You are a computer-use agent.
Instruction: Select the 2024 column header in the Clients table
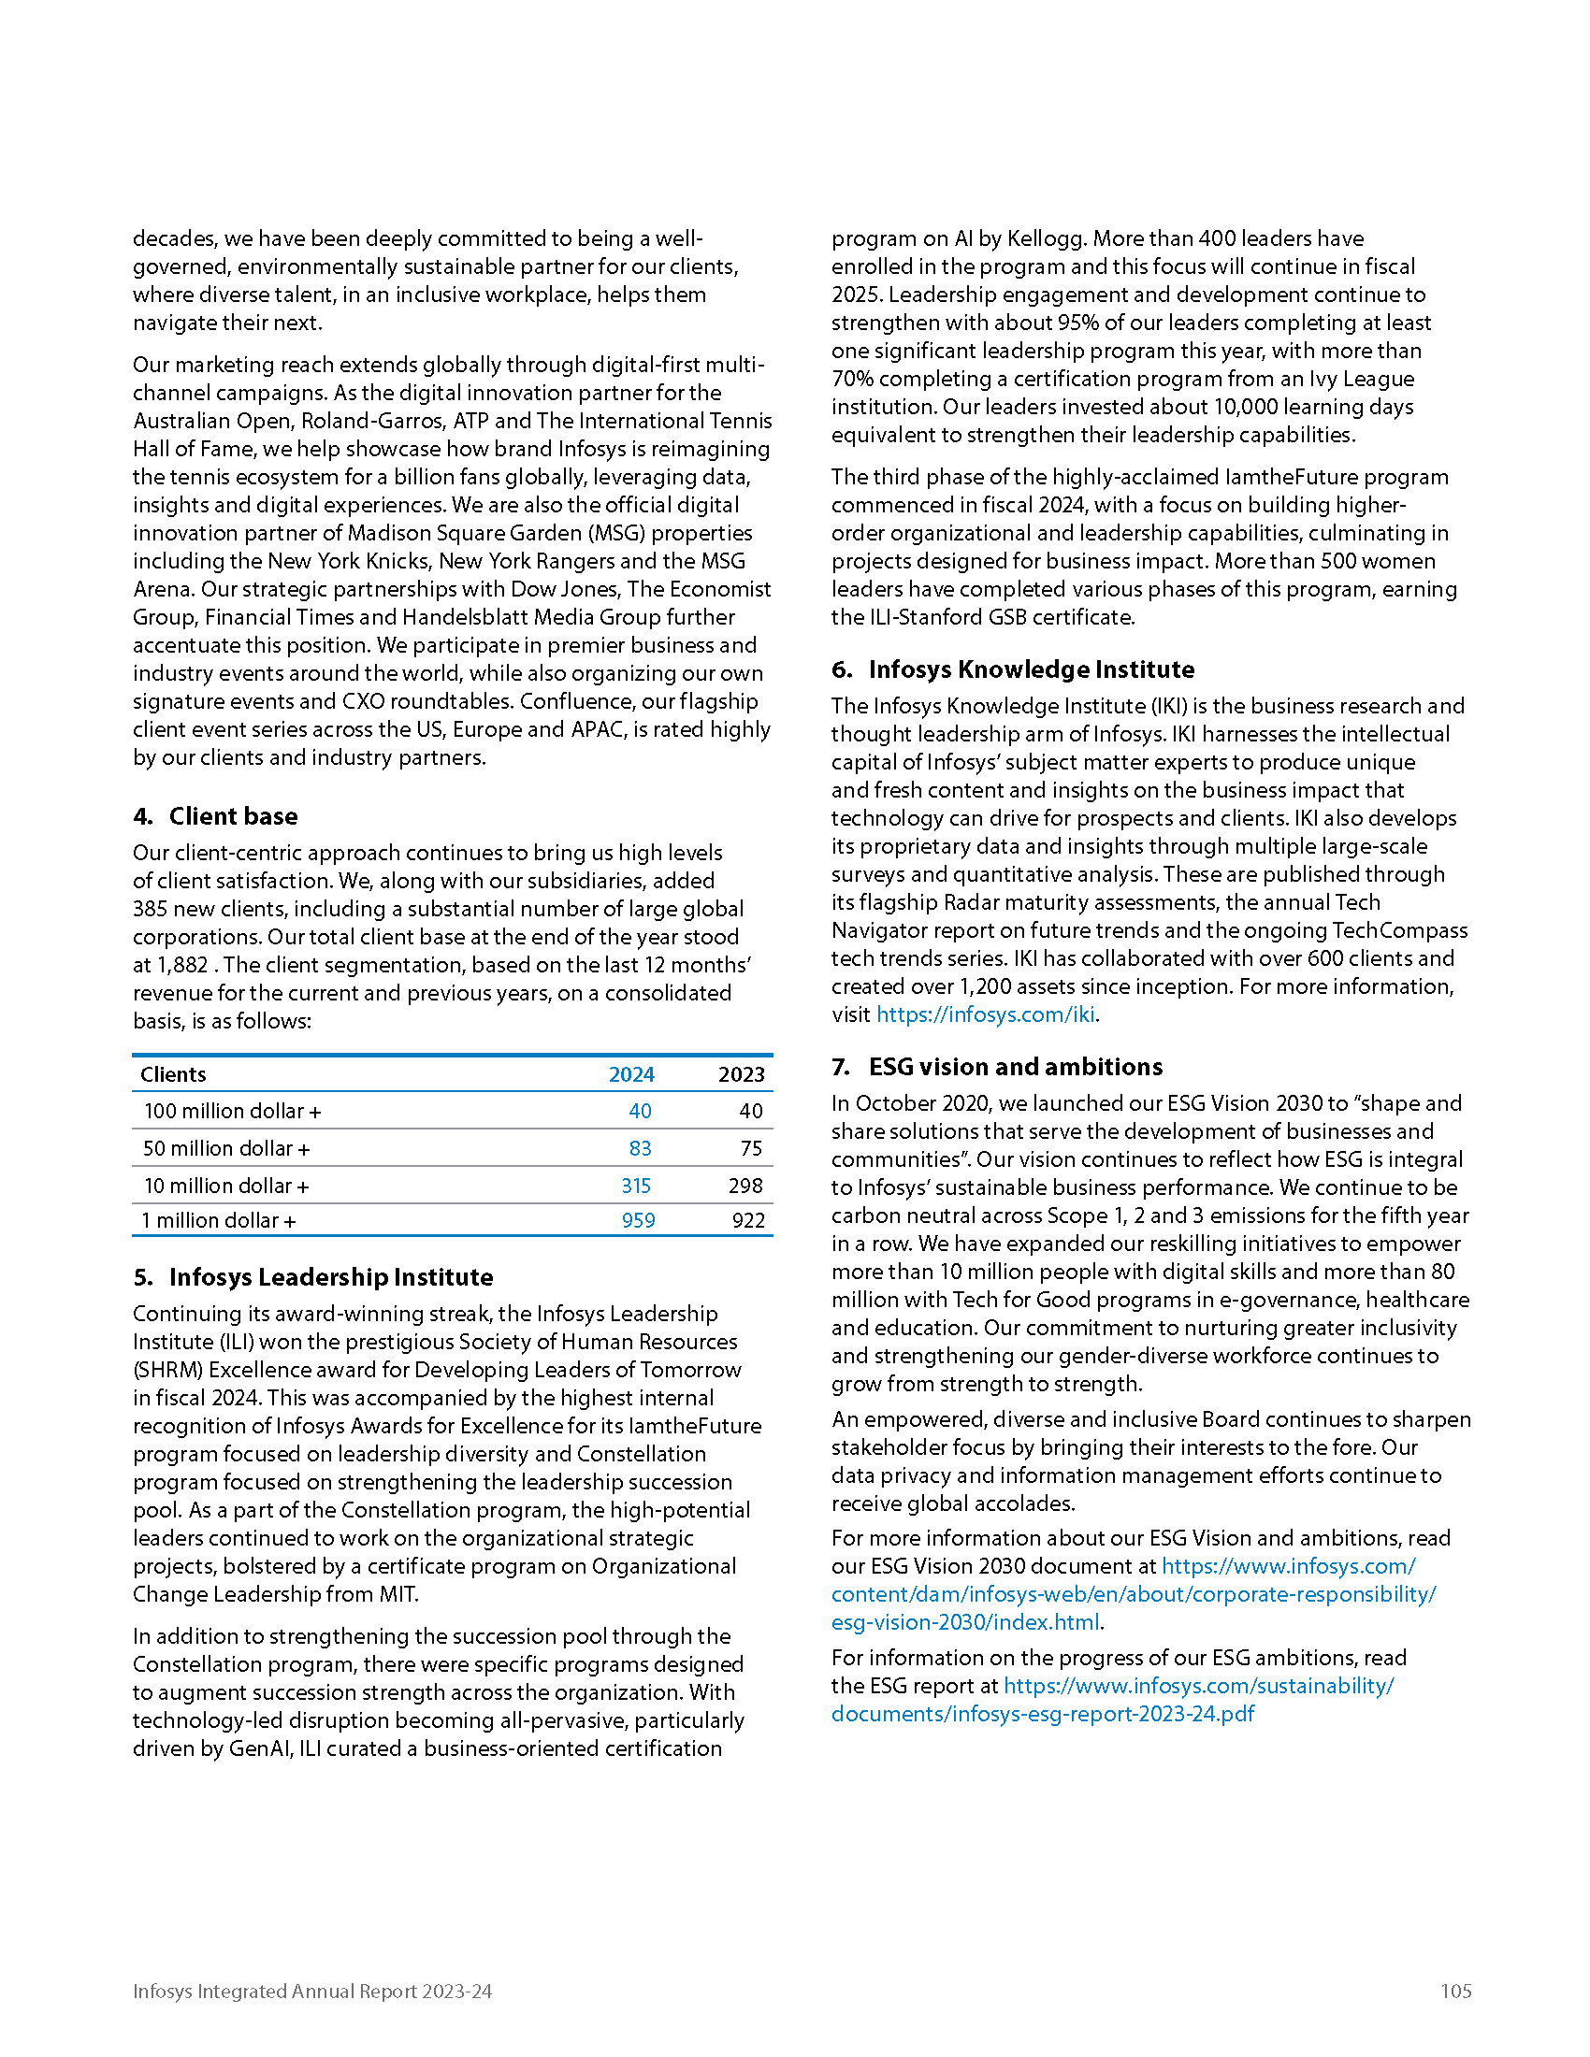point(631,1074)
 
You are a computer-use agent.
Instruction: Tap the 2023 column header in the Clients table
point(742,1074)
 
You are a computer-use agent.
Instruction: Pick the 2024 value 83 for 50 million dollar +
point(640,1148)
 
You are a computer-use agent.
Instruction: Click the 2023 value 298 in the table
point(745,1186)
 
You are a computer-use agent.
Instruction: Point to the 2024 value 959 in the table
point(638,1220)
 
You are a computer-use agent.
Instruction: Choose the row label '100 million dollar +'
point(233,1112)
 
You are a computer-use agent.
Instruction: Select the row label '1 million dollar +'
point(219,1220)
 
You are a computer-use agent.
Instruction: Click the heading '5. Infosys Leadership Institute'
point(313,1277)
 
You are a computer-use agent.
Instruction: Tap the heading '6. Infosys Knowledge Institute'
point(1013,669)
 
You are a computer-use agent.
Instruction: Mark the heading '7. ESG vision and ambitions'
point(997,1066)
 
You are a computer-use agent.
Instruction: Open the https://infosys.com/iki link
point(985,1014)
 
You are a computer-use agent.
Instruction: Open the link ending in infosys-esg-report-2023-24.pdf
point(1043,1713)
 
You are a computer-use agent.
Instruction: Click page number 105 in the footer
point(1455,1991)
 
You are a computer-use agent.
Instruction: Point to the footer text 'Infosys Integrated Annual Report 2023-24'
point(311,1991)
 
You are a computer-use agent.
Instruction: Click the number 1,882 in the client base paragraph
point(182,966)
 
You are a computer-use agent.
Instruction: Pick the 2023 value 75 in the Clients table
point(751,1148)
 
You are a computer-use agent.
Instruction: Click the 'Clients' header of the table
point(173,1074)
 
